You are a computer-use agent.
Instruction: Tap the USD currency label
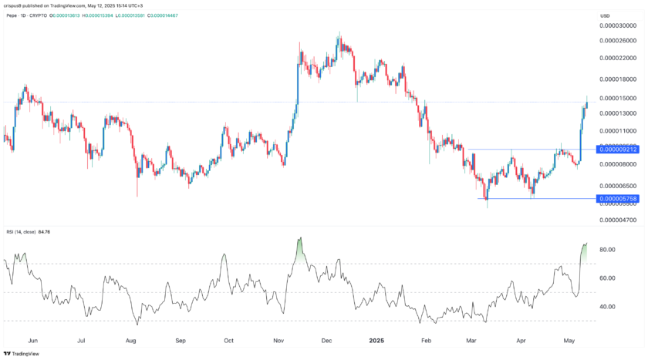tap(605, 15)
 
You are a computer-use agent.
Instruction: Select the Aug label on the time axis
tap(130, 340)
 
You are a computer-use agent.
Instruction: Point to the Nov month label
tap(280, 340)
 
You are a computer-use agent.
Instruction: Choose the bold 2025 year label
tap(376, 340)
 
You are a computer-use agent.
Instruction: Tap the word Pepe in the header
tap(12, 15)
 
